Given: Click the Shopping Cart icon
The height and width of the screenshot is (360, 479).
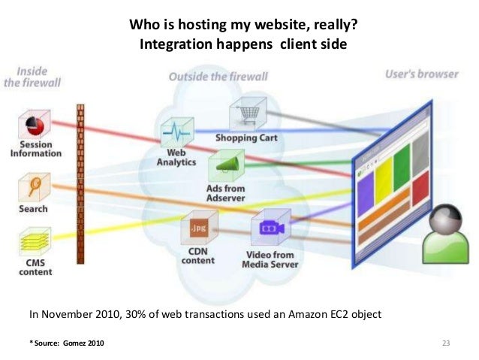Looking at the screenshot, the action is [245, 114].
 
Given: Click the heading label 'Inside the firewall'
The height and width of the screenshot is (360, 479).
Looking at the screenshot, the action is [29, 77].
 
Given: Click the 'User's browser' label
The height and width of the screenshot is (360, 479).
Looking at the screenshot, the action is [420, 74].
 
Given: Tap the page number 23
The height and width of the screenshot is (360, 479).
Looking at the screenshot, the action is [445, 343].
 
